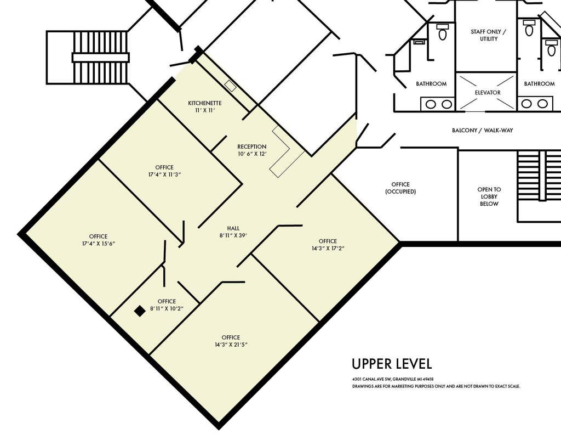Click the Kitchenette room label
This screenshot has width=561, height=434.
coord(205,103)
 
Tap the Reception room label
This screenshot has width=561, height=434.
coord(252,146)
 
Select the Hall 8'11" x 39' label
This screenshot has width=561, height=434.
coord(233,232)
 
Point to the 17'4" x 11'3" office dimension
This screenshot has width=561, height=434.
coord(164,174)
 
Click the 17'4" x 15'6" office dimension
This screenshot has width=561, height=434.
coord(99,244)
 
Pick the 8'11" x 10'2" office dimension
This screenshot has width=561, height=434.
coord(167,308)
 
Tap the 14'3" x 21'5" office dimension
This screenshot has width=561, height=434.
coord(231,345)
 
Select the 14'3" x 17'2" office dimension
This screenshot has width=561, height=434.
coord(328,249)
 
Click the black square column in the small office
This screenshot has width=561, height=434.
coord(140,311)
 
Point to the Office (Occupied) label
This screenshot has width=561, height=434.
coord(400,188)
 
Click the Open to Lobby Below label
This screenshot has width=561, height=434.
coord(489,196)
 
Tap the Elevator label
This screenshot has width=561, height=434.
coord(488,93)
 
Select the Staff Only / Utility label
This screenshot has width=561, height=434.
coord(488,35)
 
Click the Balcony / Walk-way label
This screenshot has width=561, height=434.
coord(482,131)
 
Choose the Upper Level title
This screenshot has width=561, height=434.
coord(392,364)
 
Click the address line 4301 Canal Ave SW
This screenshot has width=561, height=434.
coord(393,379)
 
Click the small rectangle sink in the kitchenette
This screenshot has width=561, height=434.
coord(231,86)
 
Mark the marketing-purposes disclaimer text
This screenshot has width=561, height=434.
coord(436,386)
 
